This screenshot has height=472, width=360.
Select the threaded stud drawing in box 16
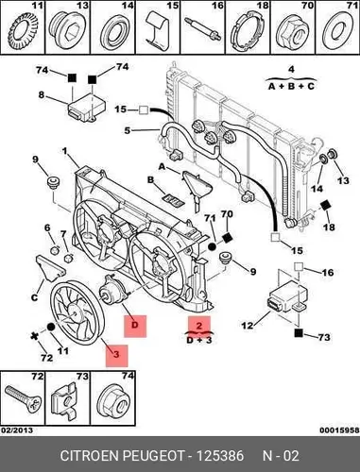click(x=203, y=29)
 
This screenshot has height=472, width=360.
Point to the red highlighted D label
click(x=135, y=326)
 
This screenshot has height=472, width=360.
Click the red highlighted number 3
click(x=116, y=356)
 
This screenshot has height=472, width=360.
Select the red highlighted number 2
click(x=199, y=326)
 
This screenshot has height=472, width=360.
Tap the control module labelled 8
click(x=87, y=108)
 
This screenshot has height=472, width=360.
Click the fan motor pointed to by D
click(x=113, y=291)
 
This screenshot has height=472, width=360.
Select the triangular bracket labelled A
click(x=197, y=189)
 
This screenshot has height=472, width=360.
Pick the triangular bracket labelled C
click(x=49, y=268)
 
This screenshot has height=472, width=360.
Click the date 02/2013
click(x=17, y=430)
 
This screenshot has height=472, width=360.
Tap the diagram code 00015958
click(x=339, y=430)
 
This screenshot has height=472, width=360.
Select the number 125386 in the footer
click(x=220, y=456)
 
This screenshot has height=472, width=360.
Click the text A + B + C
click(x=291, y=86)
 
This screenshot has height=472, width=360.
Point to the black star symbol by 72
click(x=34, y=336)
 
